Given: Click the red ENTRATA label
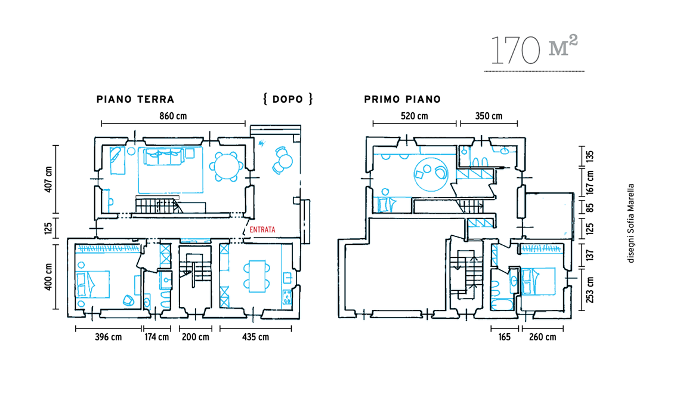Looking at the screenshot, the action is pyautogui.click(x=262, y=230).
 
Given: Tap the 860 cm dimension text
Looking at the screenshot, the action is pyautogui.click(x=173, y=116).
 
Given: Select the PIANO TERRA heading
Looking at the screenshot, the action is pyautogui.click(x=135, y=100).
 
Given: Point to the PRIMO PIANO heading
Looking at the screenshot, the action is pyautogui.click(x=403, y=100).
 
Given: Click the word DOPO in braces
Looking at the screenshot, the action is pyautogui.click(x=288, y=100).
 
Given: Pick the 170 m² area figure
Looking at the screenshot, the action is pyautogui.click(x=534, y=50).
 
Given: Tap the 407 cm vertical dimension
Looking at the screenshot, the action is pyautogui.click(x=48, y=179).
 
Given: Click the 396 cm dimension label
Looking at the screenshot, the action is pyautogui.click(x=109, y=337).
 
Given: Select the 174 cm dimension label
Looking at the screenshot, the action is pyautogui.click(x=156, y=337).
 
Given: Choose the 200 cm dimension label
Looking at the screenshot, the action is pyautogui.click(x=195, y=337).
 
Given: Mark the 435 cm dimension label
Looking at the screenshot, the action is pyautogui.click(x=255, y=337).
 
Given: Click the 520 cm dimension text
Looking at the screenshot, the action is pyautogui.click(x=414, y=116).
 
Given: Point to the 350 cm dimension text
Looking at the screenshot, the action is pyautogui.click(x=489, y=116).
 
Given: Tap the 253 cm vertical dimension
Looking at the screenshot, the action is pyautogui.click(x=590, y=290).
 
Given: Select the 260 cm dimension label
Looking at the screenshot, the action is pyautogui.click(x=543, y=337).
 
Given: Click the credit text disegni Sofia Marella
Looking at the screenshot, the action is pyautogui.click(x=631, y=223).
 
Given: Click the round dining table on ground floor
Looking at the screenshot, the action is pyautogui.click(x=227, y=167).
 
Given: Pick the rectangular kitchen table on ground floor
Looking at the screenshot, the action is pyautogui.click(x=256, y=276).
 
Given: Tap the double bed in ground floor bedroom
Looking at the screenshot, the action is pyautogui.click(x=92, y=284).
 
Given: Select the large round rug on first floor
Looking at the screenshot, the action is pyautogui.click(x=431, y=174).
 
